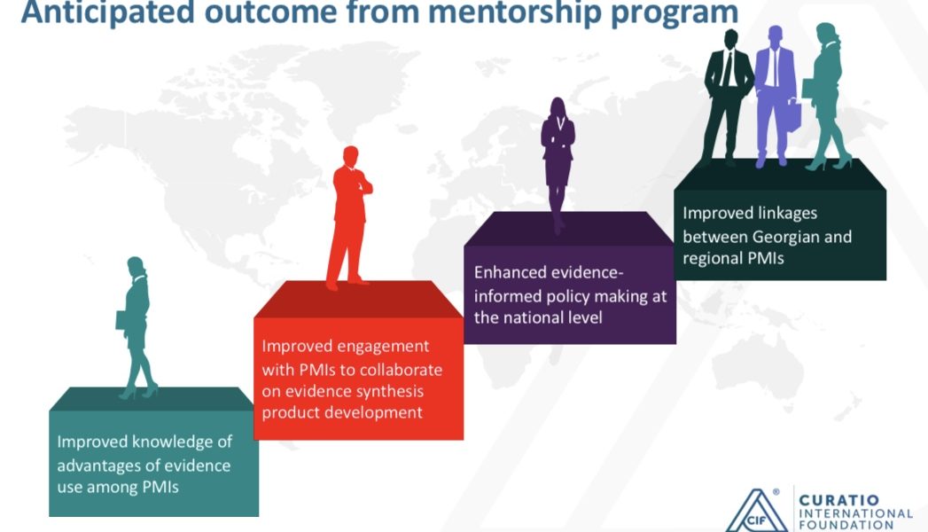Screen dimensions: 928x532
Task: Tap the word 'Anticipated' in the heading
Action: [108, 12]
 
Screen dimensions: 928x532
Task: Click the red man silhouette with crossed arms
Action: [349, 218]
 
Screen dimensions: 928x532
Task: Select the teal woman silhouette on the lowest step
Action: [136, 327]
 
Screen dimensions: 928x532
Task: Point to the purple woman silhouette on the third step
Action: [558, 165]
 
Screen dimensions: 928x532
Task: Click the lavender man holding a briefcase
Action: [776, 97]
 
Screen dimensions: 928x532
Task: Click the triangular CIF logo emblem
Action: [756, 511]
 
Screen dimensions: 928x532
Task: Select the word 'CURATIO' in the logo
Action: [838, 501]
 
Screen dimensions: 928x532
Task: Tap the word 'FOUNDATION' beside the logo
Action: [846, 525]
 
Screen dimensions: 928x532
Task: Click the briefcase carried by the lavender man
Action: [793, 115]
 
